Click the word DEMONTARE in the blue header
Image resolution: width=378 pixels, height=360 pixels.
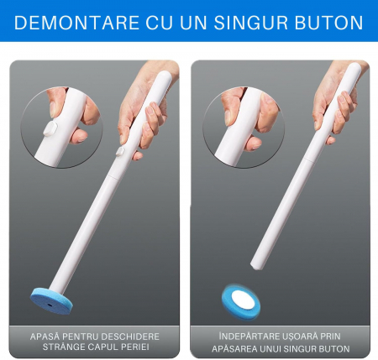77,23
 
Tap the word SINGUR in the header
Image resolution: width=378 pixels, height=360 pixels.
250,23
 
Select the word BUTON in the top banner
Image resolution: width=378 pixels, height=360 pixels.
329,23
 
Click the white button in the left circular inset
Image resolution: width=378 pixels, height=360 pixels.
50,128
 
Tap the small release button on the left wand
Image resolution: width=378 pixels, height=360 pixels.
120,151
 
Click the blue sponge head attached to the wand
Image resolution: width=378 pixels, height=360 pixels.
51,301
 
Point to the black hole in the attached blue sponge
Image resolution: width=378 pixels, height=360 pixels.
50,305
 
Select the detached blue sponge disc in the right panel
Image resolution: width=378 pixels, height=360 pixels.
241,302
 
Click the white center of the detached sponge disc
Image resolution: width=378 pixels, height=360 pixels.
243,300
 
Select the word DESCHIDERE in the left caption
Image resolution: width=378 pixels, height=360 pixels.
130,337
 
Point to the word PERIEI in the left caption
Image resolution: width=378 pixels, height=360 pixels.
135,347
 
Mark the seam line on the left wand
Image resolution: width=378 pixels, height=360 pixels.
113,176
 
